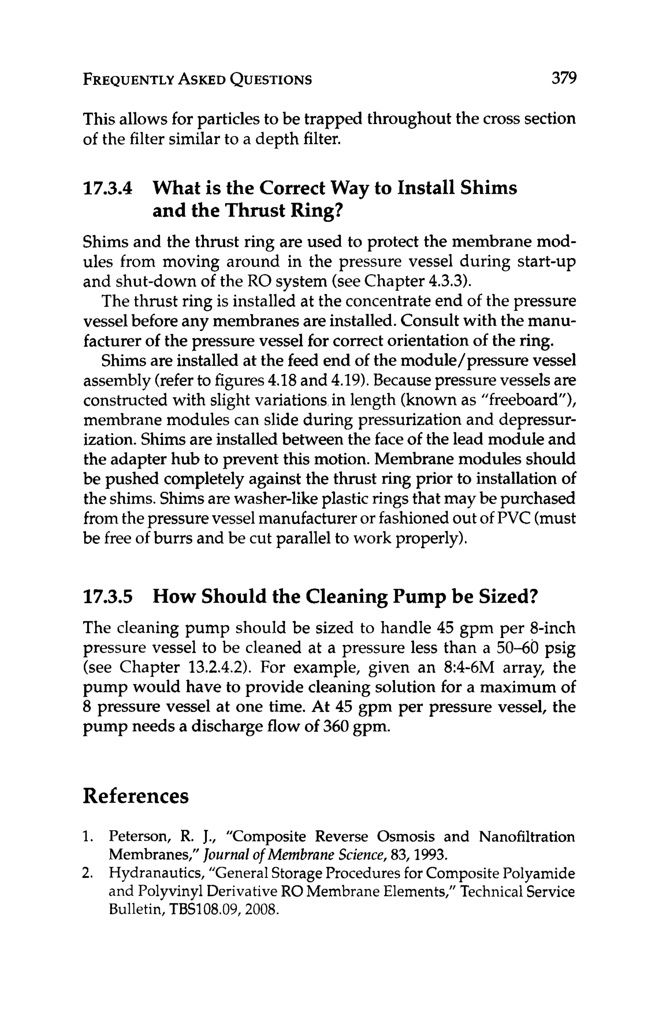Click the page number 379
[x=564, y=79]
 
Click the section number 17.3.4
[x=107, y=188]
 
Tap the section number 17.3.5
[x=107, y=596]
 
